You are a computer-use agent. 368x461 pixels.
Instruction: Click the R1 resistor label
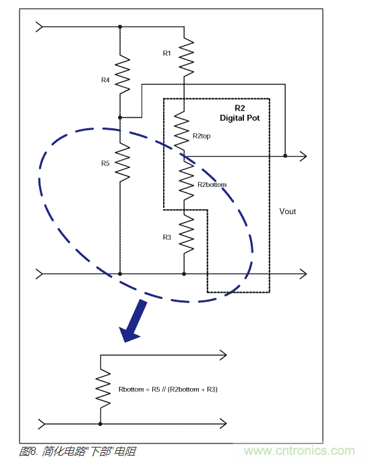167,53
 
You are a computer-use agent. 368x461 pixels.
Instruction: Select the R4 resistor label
105,80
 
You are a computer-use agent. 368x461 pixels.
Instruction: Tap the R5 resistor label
105,163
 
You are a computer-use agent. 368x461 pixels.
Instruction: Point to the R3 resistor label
167,237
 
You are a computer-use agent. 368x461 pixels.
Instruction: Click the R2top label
202,136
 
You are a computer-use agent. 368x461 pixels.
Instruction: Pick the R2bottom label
212,184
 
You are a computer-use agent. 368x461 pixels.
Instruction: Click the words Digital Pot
240,118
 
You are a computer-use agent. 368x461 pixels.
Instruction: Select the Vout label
288,211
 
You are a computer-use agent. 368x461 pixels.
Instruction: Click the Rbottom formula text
168,389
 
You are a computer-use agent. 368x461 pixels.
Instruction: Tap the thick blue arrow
134,321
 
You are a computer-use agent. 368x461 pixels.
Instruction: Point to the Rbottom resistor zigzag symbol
101,389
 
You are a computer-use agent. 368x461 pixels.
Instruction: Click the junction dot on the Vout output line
285,156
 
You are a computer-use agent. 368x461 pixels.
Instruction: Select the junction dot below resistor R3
185,274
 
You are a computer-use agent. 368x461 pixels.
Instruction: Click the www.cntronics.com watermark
299,451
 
